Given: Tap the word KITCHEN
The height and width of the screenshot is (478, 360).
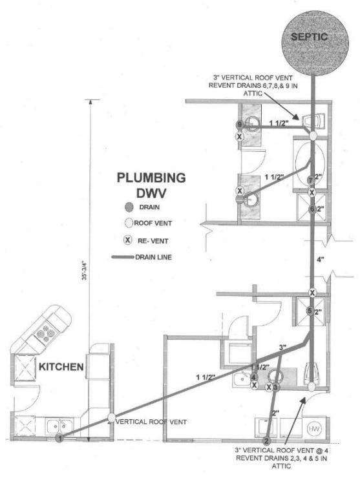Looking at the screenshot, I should click(62, 367).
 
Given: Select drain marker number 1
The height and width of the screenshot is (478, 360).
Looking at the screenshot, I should click(59, 439).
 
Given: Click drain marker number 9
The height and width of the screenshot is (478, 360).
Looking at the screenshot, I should click(239, 125).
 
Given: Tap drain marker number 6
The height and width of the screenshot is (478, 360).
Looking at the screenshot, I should click(312, 209).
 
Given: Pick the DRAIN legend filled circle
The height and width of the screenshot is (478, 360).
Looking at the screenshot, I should click(129, 207).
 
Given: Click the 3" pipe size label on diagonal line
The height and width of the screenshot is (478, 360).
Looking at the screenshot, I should click(282, 348).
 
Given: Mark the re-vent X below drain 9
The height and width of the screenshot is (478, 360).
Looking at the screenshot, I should click(239, 137).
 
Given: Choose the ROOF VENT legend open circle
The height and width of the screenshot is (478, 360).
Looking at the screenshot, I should click(129, 224).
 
